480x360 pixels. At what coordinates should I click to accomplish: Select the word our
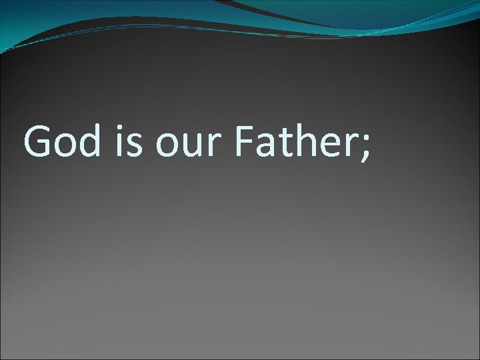(x=189, y=145)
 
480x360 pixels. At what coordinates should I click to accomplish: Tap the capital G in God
(x=37, y=141)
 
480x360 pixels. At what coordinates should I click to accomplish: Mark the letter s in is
(x=135, y=146)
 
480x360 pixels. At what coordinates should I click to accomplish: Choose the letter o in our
(x=168, y=146)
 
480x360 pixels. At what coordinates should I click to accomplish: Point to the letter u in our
(x=193, y=146)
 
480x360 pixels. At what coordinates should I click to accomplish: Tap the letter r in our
(x=213, y=146)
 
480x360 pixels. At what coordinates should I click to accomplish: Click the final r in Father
(x=351, y=146)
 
